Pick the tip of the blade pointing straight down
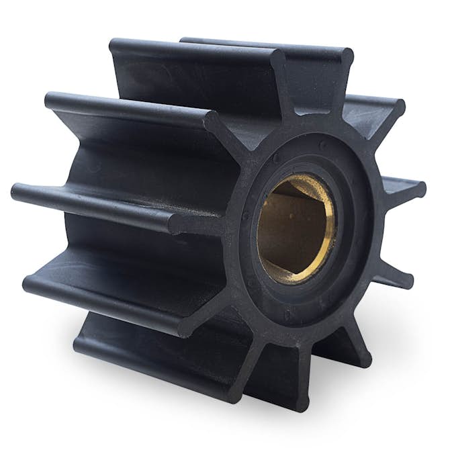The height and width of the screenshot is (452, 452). click(x=302, y=403)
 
